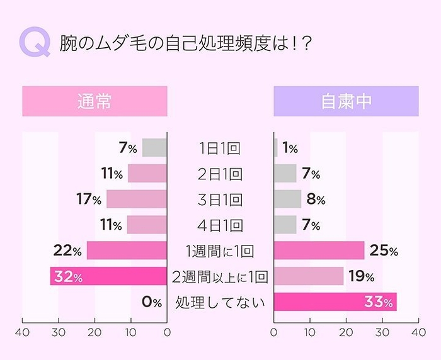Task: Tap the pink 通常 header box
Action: coord(94,101)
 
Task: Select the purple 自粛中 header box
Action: coord(346,101)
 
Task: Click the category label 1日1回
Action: coord(220,149)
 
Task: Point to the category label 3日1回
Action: coord(220,200)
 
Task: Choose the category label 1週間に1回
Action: coord(220,251)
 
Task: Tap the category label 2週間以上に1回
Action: coord(220,276)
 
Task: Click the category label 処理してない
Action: coord(220,302)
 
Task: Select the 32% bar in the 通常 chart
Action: coord(108,276)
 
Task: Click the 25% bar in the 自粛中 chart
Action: coord(319,251)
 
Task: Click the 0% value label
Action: coord(152,302)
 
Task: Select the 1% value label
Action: coord(290,149)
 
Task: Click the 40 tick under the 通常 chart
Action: coord(23,332)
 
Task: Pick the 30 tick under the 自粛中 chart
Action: coord(382,332)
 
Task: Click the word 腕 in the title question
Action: coord(67,43)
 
